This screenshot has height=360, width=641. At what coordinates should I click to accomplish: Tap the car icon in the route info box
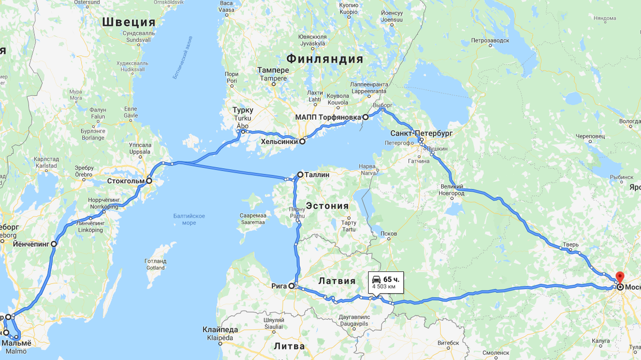(x=376, y=279)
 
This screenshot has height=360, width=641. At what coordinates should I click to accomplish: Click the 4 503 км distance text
(x=384, y=287)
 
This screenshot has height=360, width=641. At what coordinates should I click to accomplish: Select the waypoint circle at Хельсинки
(x=302, y=142)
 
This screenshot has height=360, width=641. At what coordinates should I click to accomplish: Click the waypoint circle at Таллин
(x=300, y=175)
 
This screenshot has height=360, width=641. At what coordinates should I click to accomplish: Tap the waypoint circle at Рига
(x=292, y=286)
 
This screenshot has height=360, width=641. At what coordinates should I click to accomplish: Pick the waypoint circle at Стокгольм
(x=149, y=181)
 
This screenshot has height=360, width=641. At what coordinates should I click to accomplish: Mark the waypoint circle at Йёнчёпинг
(x=54, y=244)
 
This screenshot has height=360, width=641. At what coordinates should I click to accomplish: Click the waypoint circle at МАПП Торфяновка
(x=365, y=117)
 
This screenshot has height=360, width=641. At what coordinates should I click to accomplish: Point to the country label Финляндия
(x=324, y=59)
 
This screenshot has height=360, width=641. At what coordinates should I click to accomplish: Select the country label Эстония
(x=327, y=206)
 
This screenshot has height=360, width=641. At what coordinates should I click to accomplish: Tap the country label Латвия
(x=337, y=281)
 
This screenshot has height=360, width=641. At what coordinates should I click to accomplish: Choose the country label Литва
(x=289, y=346)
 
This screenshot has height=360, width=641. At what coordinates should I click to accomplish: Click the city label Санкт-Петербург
(x=421, y=132)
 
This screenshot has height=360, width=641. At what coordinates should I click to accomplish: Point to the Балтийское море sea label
(x=189, y=219)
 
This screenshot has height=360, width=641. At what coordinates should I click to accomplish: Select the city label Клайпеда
(x=220, y=330)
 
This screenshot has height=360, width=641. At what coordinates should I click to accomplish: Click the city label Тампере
(x=273, y=71)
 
